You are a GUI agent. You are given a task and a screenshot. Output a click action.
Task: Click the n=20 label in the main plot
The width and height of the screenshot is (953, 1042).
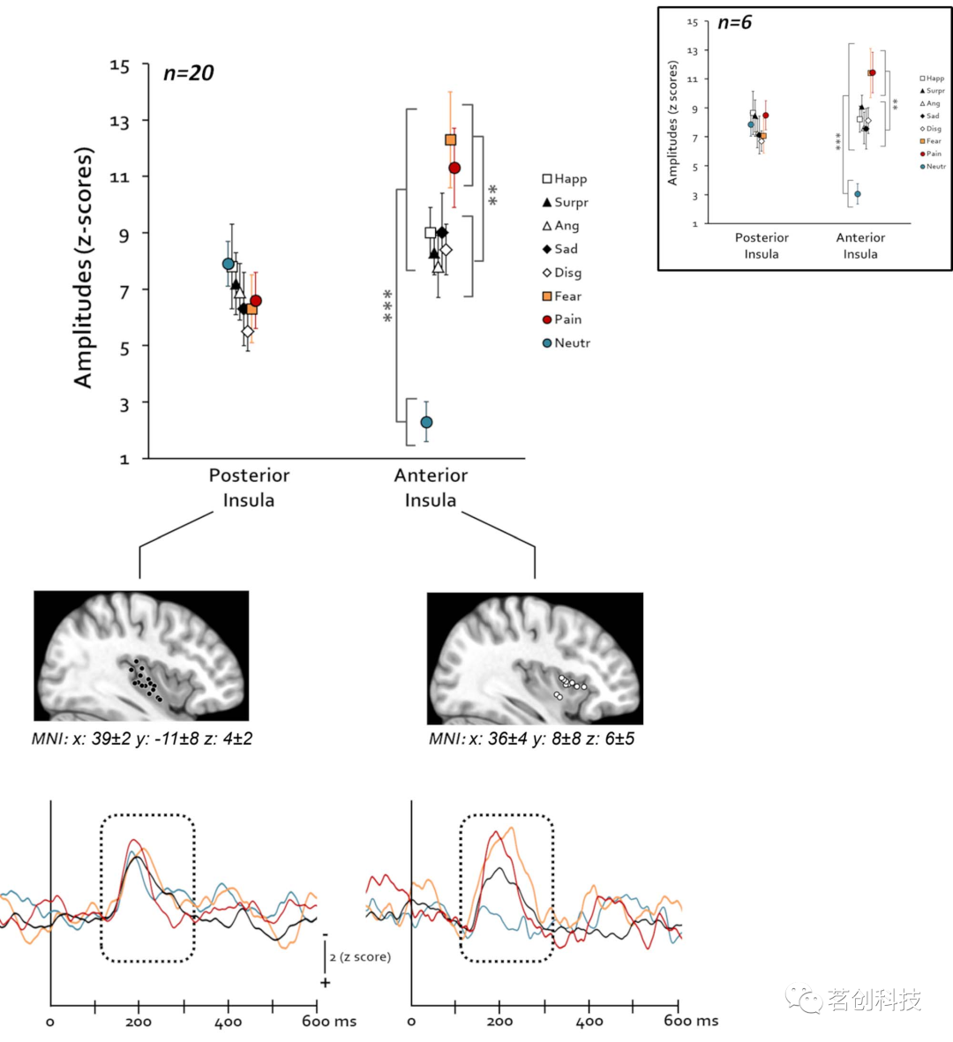click(x=189, y=73)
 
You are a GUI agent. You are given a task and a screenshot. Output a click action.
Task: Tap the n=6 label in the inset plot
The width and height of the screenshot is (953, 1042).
click(x=734, y=23)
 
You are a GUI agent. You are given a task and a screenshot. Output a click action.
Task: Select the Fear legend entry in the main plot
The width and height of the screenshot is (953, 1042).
click(x=562, y=296)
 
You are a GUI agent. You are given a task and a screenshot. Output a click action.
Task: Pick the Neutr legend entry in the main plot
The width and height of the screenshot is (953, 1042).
click(x=566, y=343)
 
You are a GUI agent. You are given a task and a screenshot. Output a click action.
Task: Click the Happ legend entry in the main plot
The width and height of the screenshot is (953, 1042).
click(x=565, y=179)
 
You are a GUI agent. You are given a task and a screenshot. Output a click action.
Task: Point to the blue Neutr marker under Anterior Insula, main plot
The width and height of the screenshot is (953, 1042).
click(x=426, y=423)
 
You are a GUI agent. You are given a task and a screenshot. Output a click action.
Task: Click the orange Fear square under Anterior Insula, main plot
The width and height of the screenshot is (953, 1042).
click(x=450, y=140)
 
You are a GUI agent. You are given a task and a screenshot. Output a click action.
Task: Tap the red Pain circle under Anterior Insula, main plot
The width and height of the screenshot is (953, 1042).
click(x=454, y=168)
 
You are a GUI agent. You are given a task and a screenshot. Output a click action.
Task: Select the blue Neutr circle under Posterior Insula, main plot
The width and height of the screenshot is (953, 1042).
click(x=228, y=264)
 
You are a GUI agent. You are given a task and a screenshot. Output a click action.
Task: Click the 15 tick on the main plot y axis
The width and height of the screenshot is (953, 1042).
click(x=119, y=66)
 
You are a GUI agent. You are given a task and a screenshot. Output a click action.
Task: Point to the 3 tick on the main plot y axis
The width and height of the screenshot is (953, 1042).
click(x=124, y=404)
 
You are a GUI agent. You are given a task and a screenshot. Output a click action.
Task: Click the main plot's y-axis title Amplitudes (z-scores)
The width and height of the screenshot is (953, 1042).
click(x=84, y=267)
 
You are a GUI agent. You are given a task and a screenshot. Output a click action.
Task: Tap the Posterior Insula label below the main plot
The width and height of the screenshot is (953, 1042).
click(x=249, y=488)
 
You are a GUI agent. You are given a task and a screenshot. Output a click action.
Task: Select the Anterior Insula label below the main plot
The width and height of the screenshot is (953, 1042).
click(x=431, y=488)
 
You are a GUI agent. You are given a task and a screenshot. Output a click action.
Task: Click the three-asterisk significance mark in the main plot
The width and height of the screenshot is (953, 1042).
click(x=387, y=306)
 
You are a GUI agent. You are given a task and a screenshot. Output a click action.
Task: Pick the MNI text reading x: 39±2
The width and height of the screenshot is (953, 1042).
click(x=142, y=738)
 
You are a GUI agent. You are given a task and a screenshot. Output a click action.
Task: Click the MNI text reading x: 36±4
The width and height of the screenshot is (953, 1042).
click(x=531, y=738)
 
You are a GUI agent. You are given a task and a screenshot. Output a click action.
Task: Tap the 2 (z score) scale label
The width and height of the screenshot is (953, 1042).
click(x=360, y=957)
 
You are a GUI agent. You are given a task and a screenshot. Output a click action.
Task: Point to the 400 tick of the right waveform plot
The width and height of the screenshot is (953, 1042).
click(x=589, y=1022)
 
